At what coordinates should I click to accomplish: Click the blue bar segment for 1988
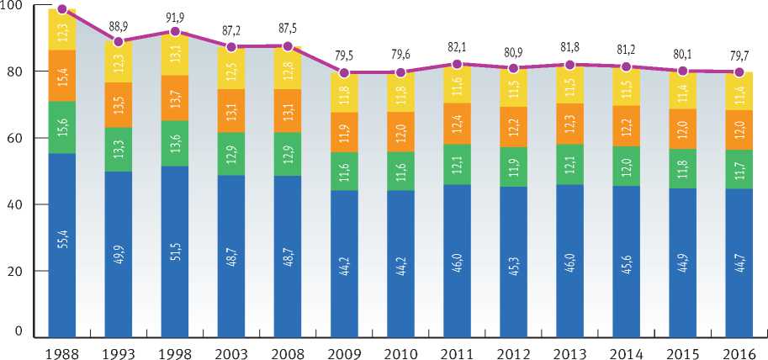point(61,245)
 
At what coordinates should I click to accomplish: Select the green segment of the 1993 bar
point(119,150)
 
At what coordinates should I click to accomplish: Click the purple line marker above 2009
point(344,72)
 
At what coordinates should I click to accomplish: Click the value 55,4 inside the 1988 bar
point(62,248)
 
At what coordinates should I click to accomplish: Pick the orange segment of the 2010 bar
point(400,132)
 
